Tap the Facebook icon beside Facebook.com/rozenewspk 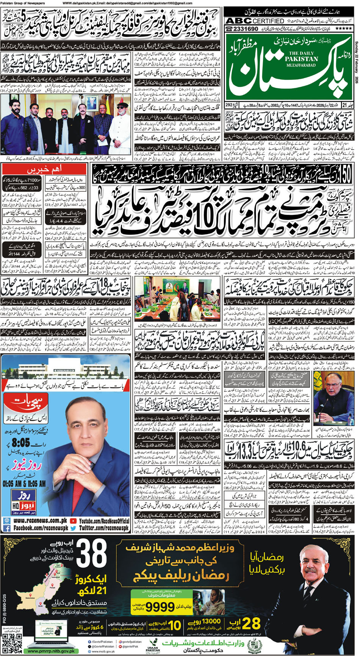pos(6,528)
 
